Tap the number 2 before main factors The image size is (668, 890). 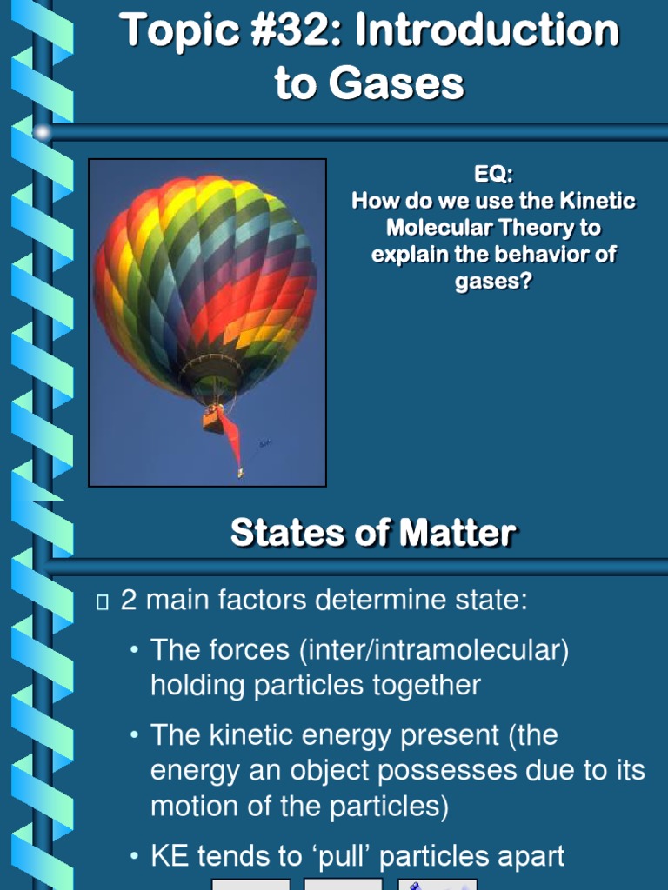point(129,600)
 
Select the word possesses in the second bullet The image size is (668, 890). point(416,771)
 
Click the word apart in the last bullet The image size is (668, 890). point(524,857)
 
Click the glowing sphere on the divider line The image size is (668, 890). point(42,133)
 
